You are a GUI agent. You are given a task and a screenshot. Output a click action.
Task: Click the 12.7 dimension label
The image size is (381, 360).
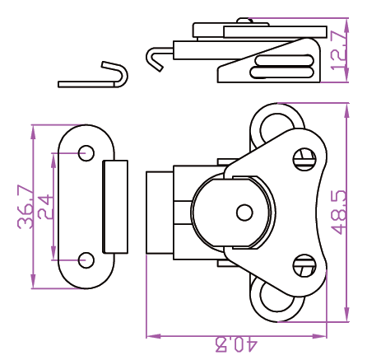click(338, 50)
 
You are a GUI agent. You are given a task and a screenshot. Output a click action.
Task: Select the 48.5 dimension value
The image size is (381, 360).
click(340, 213)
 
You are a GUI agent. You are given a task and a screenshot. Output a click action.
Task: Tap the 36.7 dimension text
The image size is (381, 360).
click(26, 207)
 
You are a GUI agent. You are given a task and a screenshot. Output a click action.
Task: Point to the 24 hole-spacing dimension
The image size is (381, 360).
click(44, 207)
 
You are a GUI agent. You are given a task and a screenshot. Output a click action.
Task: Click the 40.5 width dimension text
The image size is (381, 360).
click(236, 346)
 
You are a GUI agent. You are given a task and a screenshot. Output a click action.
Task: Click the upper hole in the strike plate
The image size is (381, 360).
click(86, 153)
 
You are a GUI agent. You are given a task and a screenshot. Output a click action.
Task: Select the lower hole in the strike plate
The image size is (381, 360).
click(86, 260)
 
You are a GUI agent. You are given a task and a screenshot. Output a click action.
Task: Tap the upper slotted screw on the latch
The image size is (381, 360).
click(304, 159)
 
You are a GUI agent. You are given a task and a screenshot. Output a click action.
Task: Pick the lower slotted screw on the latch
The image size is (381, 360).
click(304, 266)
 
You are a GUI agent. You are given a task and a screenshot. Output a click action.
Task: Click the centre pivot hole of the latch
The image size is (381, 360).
click(244, 213)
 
